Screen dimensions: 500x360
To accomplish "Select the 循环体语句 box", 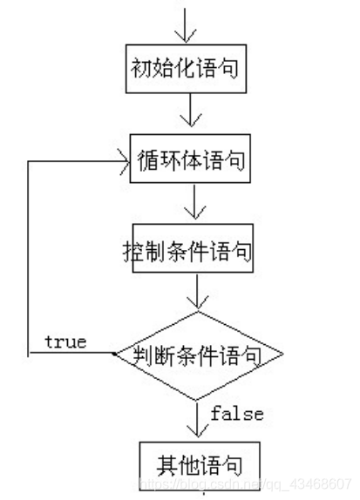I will point(191,160).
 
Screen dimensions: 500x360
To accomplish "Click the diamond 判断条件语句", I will point(199,355).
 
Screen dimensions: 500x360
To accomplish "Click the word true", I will point(65,342).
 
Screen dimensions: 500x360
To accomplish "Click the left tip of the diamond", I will point(115,355).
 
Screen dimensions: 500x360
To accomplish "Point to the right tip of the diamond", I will point(283,355).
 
